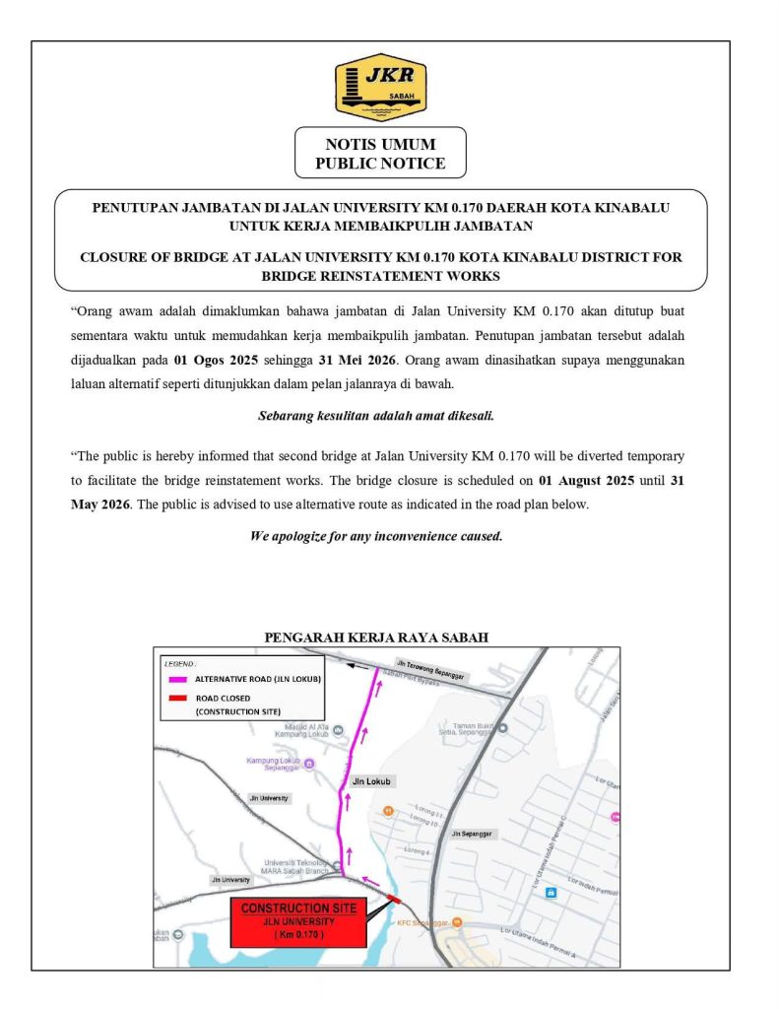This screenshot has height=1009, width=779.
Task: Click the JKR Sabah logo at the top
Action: pyautogui.click(x=380, y=88)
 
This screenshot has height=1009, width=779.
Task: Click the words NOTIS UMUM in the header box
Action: pyautogui.click(x=380, y=144)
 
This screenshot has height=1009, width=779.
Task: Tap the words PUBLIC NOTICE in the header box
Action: pyautogui.click(x=380, y=164)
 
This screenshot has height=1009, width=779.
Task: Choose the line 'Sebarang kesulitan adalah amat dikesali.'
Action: pyautogui.click(x=375, y=416)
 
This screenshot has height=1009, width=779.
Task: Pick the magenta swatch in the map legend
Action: pyautogui.click(x=177, y=679)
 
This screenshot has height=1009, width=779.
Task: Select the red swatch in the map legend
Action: pyautogui.click(x=177, y=699)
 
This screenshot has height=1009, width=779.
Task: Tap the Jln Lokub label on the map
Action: pyautogui.click(x=371, y=781)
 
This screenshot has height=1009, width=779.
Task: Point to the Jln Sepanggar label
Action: pyautogui.click(x=471, y=834)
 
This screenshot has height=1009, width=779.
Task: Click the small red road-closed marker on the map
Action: pyautogui.click(x=394, y=899)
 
